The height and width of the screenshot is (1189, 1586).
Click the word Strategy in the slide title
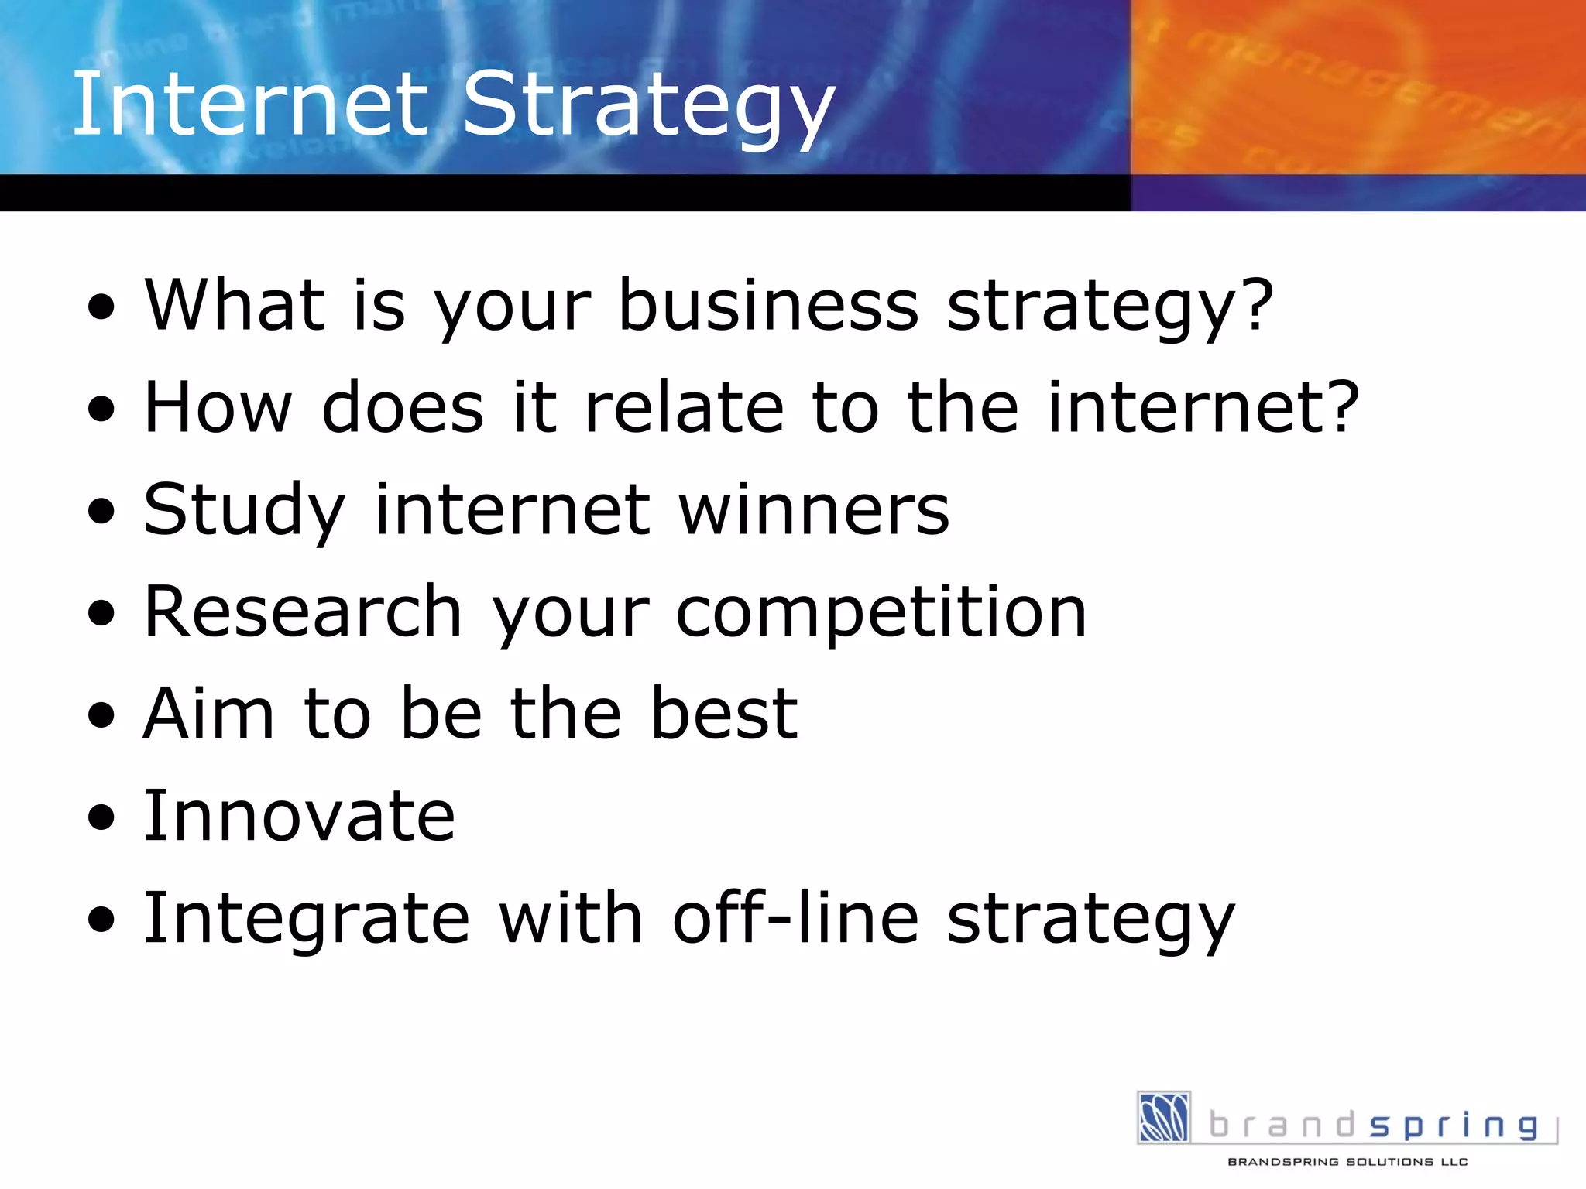(649, 108)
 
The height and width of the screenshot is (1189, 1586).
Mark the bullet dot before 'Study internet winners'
(101, 512)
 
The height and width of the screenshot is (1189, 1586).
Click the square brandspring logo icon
(1164, 1117)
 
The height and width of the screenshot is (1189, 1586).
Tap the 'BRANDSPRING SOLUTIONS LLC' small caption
(1347, 1162)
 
